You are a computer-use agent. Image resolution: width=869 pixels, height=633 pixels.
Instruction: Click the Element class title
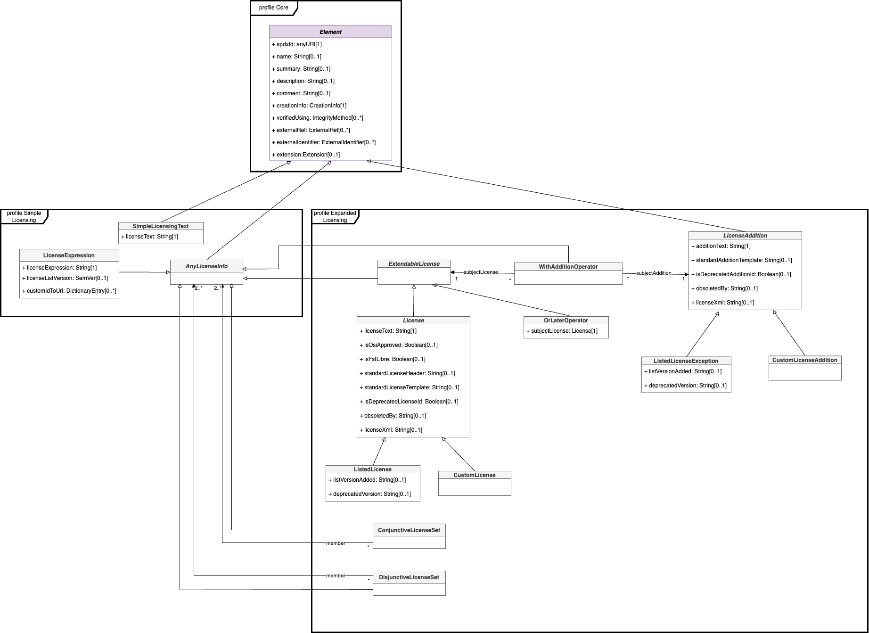click(x=330, y=32)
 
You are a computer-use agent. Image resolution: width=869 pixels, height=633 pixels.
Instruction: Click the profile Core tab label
click(x=273, y=8)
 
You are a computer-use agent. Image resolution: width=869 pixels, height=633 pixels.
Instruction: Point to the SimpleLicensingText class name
click(x=161, y=226)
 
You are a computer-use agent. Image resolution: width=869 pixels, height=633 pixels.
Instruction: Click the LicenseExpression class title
click(x=69, y=255)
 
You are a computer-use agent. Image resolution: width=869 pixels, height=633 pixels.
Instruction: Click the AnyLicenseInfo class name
click(x=206, y=266)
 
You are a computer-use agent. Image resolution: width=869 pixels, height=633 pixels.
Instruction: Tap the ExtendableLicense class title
click(x=414, y=264)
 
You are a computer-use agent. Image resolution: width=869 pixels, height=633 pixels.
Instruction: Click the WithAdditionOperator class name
click(x=568, y=267)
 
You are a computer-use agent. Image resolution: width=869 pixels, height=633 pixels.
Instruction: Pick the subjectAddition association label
click(x=653, y=273)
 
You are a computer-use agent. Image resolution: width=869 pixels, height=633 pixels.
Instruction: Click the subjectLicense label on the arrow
click(x=480, y=272)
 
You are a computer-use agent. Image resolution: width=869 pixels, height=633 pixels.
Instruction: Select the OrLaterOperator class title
click(x=566, y=321)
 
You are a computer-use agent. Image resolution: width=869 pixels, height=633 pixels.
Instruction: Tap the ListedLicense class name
click(x=372, y=469)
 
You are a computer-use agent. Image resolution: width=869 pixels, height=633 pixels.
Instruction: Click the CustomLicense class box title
click(x=474, y=475)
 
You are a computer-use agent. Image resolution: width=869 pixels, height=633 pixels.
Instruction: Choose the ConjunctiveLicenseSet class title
click(x=409, y=530)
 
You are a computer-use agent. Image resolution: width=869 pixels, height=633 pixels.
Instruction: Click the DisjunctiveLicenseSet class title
click(x=409, y=577)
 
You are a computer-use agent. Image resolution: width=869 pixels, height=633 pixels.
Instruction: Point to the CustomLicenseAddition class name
click(x=804, y=360)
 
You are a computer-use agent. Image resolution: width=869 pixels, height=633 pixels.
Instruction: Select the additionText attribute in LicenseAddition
click(x=723, y=246)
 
